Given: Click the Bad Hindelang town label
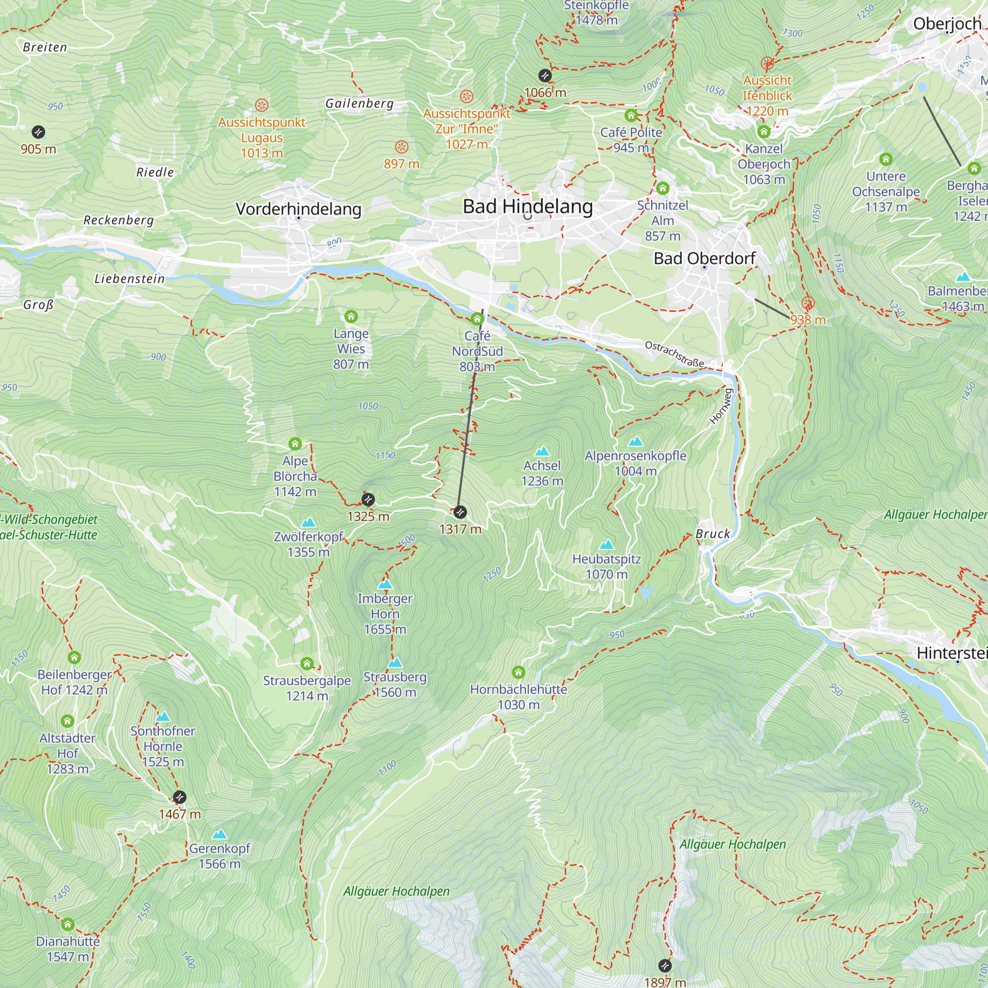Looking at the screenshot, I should click(x=527, y=206).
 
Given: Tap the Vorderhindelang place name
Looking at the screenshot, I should click(x=298, y=208).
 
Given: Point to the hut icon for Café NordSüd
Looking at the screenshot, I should click(x=477, y=319).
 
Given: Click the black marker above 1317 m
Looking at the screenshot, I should click(x=460, y=512).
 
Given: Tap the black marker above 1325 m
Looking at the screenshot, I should click(x=368, y=499).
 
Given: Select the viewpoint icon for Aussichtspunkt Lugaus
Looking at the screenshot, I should click(x=261, y=105).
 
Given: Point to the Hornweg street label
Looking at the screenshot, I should click(x=722, y=406).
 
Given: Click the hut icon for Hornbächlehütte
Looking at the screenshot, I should click(x=518, y=672).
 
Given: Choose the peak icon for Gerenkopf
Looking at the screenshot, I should click(x=219, y=834).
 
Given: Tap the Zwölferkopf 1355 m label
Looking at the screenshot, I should click(x=308, y=544).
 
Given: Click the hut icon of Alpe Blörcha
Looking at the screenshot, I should click(x=295, y=444).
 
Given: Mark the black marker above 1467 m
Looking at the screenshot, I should click(x=179, y=797).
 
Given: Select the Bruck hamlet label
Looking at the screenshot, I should click(x=712, y=534).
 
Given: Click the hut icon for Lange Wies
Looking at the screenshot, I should click(x=351, y=316).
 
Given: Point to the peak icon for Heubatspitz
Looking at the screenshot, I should click(x=606, y=544).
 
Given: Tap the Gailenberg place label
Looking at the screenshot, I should click(x=360, y=103).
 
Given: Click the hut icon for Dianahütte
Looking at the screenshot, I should click(x=68, y=925).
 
